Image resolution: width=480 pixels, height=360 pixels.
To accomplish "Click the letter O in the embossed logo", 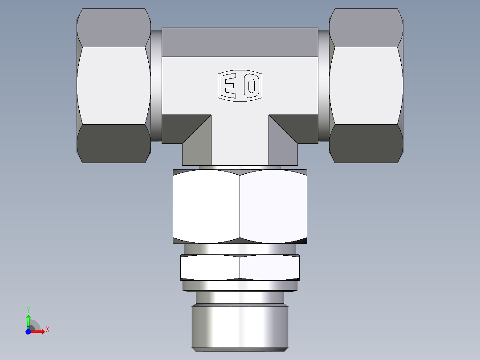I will coord(252,85).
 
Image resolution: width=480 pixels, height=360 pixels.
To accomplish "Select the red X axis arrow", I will coord(37,331).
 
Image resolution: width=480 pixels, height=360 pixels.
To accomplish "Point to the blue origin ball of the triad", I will coord(28,331).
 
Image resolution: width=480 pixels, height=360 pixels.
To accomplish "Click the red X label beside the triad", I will coord(47,330).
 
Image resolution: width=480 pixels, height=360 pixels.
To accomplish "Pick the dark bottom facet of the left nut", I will coord(114,143).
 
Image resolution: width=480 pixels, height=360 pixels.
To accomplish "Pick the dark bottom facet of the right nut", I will coord(366,143).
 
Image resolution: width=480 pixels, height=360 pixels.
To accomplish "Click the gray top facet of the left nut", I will coord(114,28).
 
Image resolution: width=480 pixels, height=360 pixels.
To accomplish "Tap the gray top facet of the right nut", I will coord(366,28).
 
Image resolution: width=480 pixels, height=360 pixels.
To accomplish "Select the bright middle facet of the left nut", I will coord(114,86).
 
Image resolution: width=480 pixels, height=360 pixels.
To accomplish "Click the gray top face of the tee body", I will coord(240,42).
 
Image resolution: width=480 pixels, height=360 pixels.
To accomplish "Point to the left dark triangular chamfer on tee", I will coord(183,127).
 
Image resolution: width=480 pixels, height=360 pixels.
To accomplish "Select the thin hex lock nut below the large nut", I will coord(240,267).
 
